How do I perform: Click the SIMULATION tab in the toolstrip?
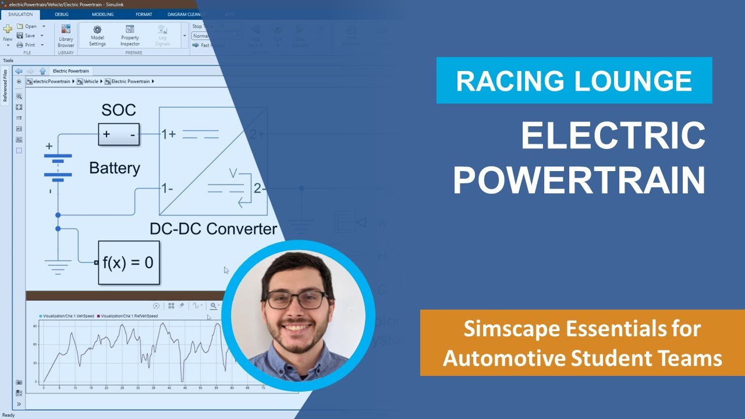20,14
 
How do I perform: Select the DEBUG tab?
61,14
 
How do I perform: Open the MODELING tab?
102,14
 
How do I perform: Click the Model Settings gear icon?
97,30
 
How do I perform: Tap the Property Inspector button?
130,30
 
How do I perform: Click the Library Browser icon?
66,29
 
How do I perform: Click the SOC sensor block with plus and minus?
119,134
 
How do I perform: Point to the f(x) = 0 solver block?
128,262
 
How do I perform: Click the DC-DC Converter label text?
213,229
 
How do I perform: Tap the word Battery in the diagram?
115,168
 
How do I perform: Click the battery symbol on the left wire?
58,166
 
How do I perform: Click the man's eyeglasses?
296,299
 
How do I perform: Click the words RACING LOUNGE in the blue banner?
574,81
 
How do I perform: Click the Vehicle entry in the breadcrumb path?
91,81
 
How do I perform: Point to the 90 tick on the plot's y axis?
36,326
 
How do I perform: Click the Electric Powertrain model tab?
70,71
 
